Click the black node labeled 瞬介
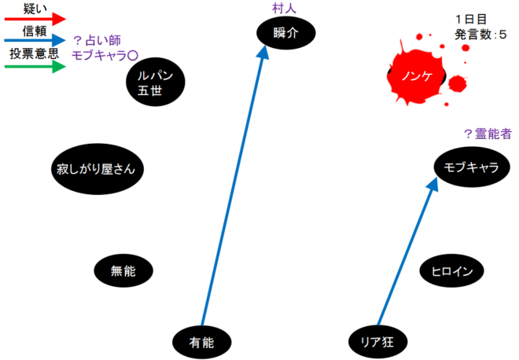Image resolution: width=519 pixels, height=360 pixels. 286,33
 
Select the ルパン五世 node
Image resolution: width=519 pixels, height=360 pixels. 155,82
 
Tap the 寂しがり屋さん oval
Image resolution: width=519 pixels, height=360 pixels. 98,169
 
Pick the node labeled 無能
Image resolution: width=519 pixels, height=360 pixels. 123,270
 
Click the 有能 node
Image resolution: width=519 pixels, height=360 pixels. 202,342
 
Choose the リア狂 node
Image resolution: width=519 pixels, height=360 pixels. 378,342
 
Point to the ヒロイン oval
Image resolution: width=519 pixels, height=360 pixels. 451,270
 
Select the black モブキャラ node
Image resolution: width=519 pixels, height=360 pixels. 472,167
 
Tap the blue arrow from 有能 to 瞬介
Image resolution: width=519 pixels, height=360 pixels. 234,186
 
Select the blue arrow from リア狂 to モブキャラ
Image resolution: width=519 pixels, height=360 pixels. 407,251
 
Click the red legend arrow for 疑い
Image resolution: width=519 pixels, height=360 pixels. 35,19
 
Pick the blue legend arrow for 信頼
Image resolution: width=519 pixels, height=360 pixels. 35,40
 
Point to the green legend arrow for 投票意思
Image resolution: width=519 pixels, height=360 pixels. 35,67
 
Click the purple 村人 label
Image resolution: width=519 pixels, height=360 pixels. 284,9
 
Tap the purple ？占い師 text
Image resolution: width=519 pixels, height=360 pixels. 97,41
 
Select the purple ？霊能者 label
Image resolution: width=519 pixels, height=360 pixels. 488,134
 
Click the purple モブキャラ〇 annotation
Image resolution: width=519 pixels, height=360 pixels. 105,56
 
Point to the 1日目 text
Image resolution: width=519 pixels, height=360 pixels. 471,19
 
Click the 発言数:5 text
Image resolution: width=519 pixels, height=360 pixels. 480,35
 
